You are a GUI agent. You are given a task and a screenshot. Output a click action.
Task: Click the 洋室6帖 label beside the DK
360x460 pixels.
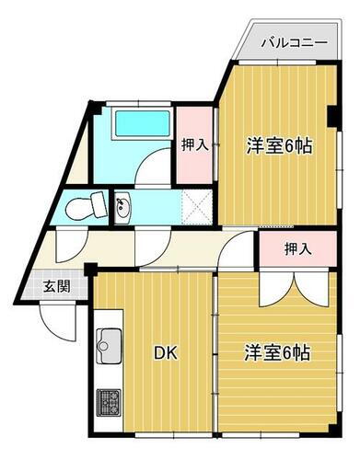point(276,352)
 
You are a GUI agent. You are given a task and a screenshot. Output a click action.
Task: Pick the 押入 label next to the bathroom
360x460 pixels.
point(193,144)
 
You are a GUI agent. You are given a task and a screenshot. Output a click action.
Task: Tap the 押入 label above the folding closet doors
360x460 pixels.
point(296,248)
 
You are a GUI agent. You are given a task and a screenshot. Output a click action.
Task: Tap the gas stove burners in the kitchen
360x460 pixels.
point(110,401)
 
